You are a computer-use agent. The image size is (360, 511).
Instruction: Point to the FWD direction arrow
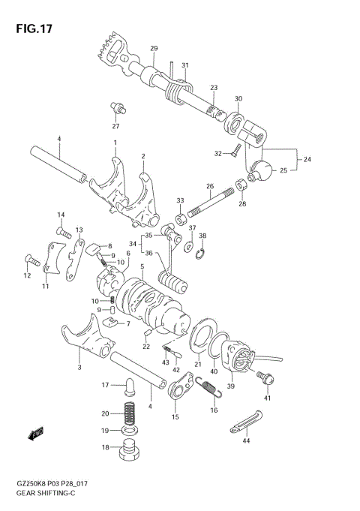pos(35,433)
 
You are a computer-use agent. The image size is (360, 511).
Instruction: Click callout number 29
pos(154,50)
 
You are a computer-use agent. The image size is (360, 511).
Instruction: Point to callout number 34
pos(132,244)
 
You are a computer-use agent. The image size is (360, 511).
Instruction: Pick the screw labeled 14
pos(64,233)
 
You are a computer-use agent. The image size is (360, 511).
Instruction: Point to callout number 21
pos(198,365)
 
